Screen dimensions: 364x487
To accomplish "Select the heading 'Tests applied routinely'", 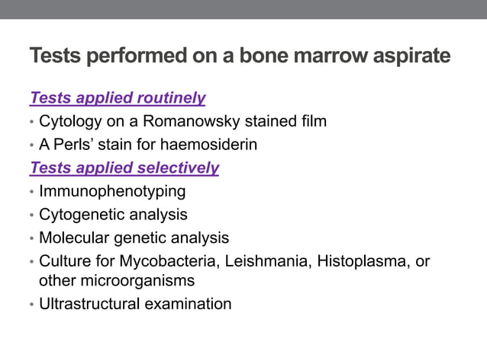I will point(118,97).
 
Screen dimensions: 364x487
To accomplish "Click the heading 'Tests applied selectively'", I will point(124,168).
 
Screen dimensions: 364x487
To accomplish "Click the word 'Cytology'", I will point(69,120).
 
